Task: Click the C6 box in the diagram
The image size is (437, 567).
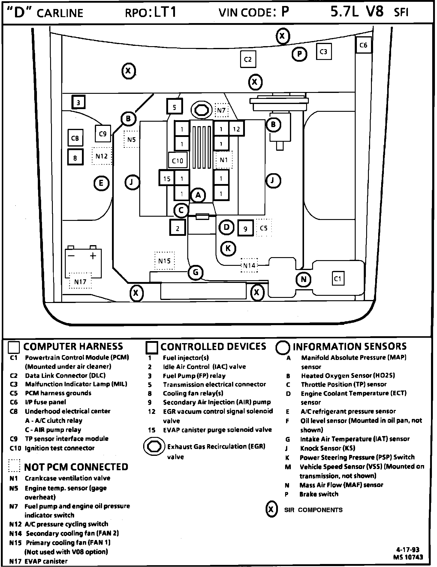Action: [x=363, y=45]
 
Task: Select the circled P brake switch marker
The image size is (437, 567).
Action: [x=299, y=54]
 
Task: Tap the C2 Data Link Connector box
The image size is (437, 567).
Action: [x=248, y=59]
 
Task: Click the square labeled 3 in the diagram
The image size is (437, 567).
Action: [x=78, y=102]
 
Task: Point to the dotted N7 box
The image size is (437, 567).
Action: [x=222, y=110]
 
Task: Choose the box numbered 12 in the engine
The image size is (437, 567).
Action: [x=237, y=129]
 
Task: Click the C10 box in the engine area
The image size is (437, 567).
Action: [x=178, y=160]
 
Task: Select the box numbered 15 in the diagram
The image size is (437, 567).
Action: [x=167, y=179]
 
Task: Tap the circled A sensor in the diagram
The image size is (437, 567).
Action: [x=198, y=195]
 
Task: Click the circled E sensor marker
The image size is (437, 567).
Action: [x=101, y=183]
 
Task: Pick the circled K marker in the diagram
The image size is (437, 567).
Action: [x=228, y=248]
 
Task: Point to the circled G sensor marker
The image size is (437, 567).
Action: [x=195, y=272]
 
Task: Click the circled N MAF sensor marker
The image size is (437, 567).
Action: [x=303, y=279]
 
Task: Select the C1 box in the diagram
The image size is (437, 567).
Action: [x=338, y=279]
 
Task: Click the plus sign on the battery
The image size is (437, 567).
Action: [x=93, y=256]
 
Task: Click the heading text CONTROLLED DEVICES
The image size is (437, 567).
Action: [x=213, y=346]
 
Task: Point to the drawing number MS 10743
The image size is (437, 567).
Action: [x=408, y=557]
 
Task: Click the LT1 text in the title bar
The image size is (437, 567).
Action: [x=165, y=13]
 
